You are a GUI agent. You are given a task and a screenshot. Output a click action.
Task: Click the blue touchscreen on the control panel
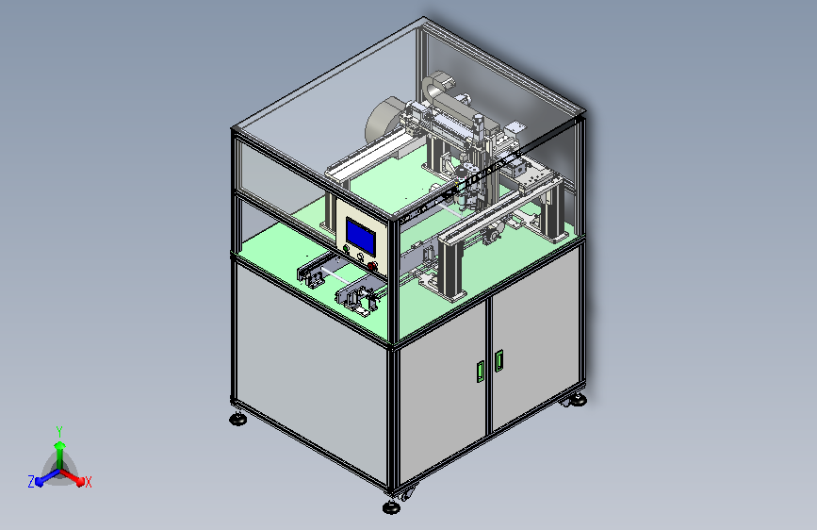[361, 237]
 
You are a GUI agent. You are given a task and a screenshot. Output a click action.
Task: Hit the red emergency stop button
[372, 266]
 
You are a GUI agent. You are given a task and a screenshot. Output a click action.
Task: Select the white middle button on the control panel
[360, 257]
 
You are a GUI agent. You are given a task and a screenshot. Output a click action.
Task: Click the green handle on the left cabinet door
[481, 371]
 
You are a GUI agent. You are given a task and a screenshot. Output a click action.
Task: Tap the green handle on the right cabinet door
[498, 360]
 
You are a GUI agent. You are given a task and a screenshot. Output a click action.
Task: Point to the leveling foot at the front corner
[391, 507]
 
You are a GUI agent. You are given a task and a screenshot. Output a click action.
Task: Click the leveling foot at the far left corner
[238, 419]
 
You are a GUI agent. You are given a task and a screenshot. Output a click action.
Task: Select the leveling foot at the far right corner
[578, 400]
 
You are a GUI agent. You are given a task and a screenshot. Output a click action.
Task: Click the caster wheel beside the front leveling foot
[407, 493]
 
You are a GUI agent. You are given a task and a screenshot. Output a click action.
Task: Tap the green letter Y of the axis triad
[58, 432]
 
